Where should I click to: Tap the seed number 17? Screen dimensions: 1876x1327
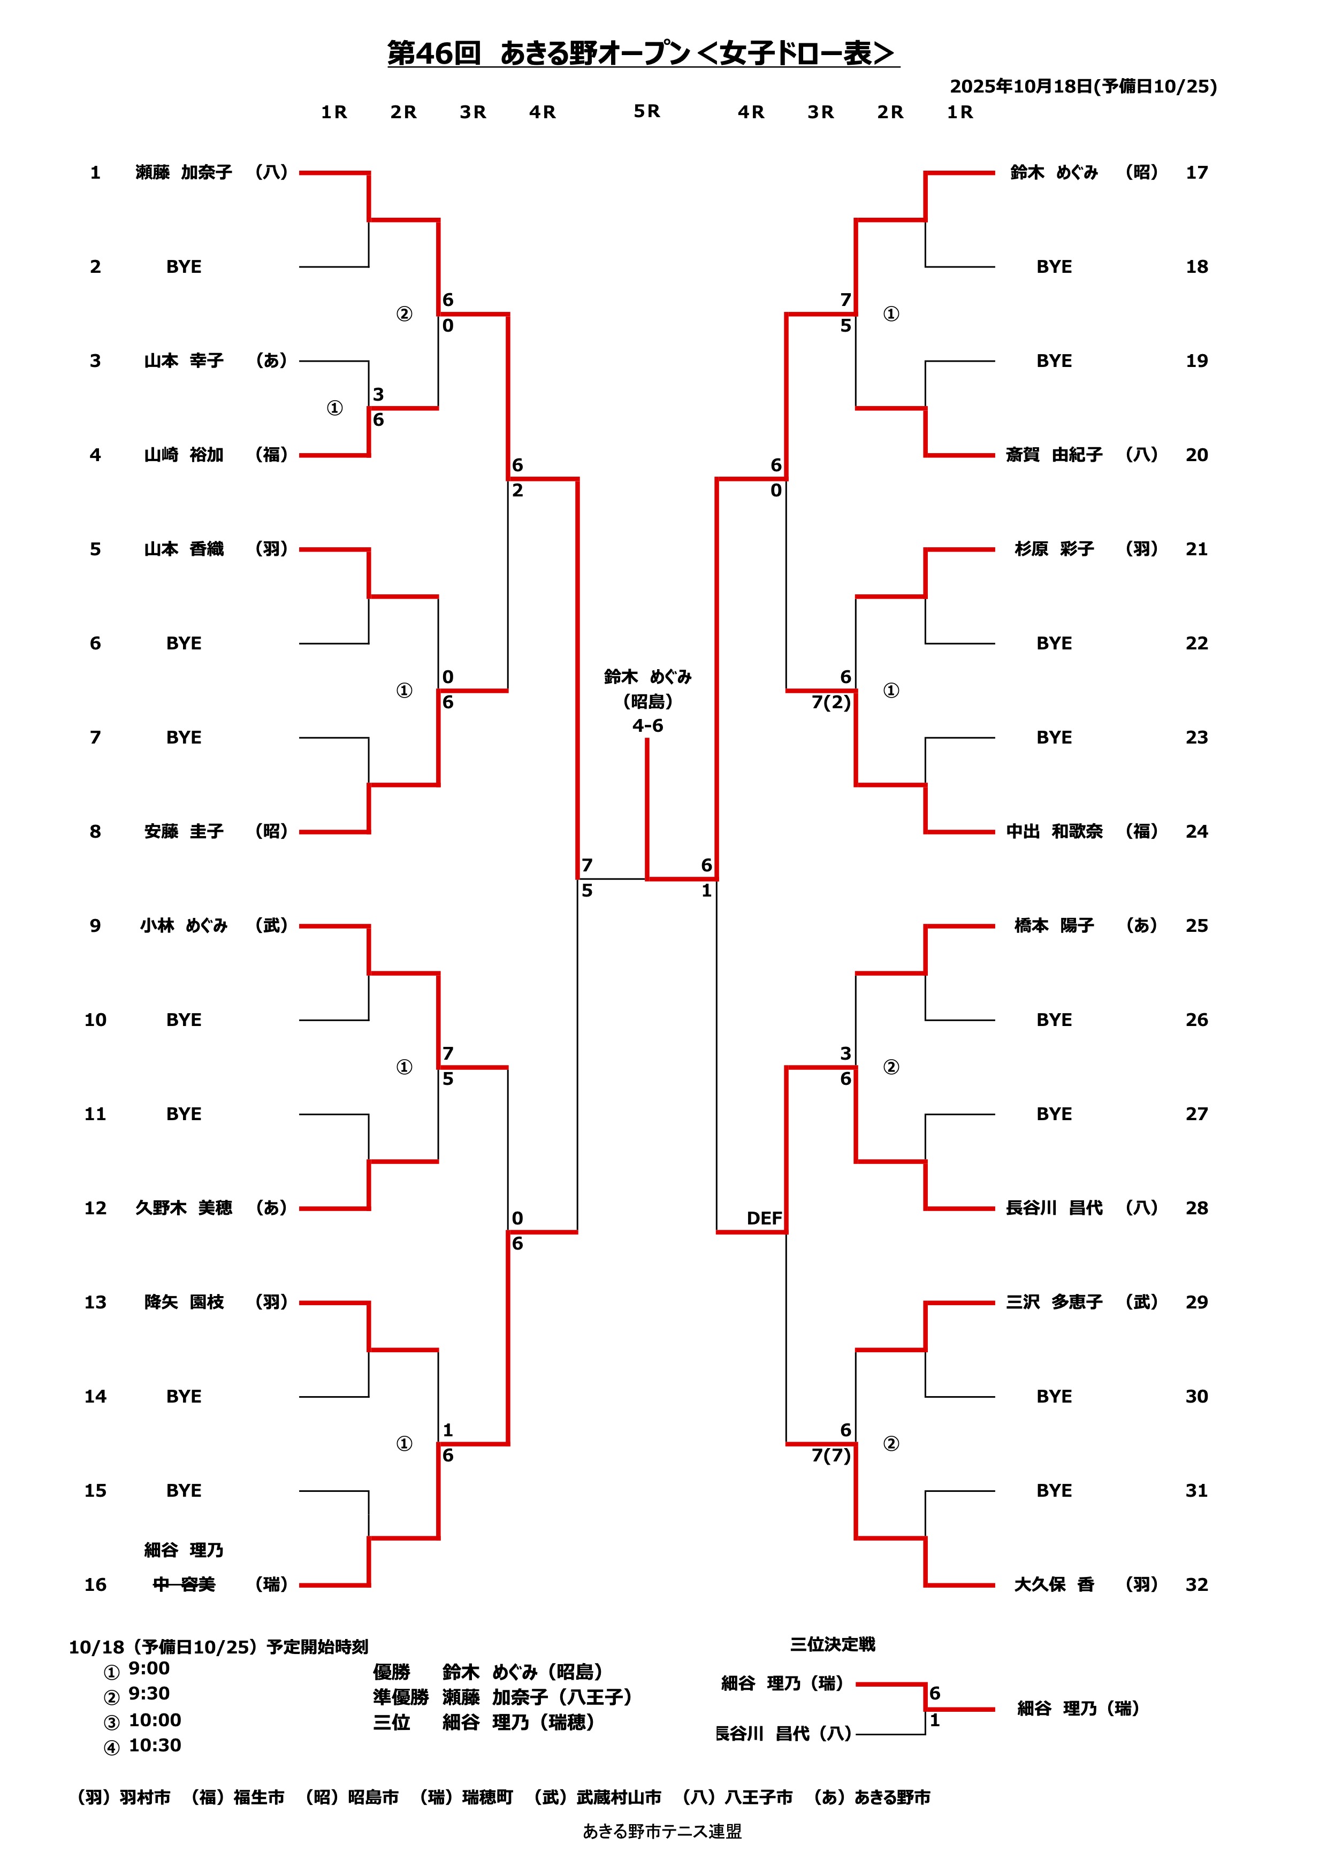1196,172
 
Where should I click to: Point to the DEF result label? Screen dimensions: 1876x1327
764,1218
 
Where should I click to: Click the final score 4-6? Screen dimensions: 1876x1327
647,725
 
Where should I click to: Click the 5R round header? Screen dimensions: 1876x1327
646,111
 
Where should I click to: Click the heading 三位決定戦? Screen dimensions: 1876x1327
832,1644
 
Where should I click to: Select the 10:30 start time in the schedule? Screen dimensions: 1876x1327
155,1745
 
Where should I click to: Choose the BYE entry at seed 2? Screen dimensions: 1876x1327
184,266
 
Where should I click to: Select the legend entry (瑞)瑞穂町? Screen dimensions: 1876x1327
466,1797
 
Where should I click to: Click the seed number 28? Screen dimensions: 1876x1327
1196,1208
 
